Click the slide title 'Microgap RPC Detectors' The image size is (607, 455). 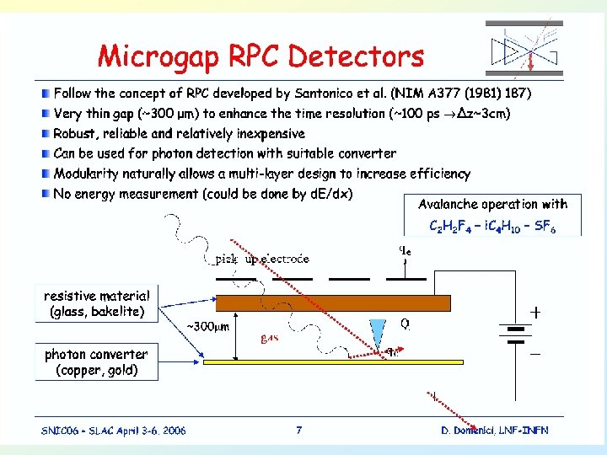click(x=261, y=56)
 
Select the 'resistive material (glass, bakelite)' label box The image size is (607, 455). click(x=97, y=304)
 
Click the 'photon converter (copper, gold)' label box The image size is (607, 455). click(x=96, y=361)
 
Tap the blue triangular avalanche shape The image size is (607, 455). click(x=376, y=331)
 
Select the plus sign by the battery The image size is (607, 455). click(x=534, y=311)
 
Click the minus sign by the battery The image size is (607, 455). click(x=534, y=355)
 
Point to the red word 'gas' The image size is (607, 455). click(x=270, y=339)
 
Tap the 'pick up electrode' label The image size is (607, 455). click(x=262, y=259)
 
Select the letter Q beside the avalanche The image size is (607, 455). click(x=405, y=324)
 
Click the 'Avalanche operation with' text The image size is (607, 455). click(x=493, y=204)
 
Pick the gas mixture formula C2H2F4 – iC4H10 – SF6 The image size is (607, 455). click(x=492, y=227)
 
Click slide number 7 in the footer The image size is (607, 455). click(x=299, y=430)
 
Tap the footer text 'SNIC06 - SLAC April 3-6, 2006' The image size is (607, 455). click(x=114, y=431)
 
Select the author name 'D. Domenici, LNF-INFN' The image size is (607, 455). click(x=494, y=431)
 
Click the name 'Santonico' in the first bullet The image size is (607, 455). click(x=323, y=91)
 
